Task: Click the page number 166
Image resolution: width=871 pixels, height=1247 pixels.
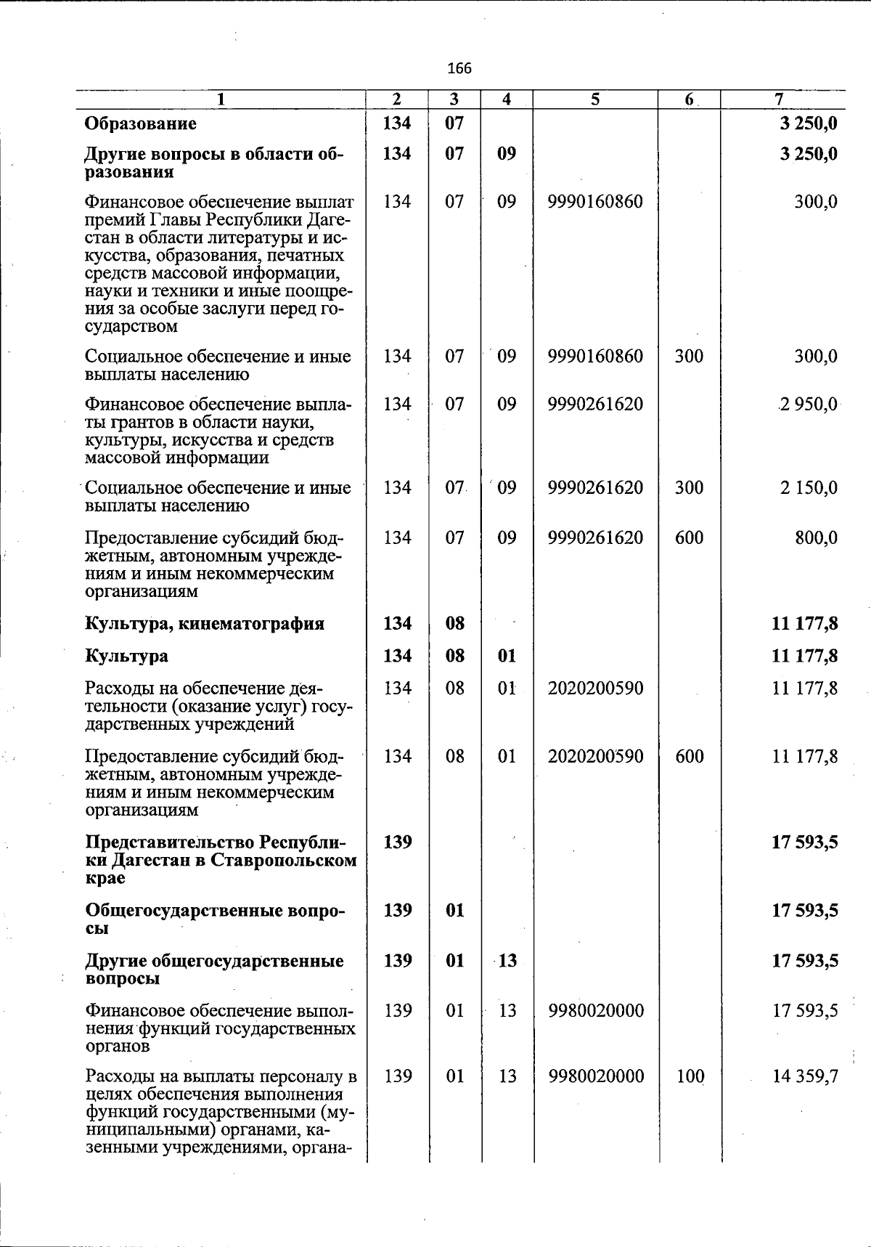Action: pos(459,68)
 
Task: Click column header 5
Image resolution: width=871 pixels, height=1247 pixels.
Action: pos(594,99)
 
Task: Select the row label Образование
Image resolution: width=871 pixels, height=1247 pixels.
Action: pos(140,123)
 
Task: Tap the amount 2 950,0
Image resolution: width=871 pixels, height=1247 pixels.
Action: pos(808,404)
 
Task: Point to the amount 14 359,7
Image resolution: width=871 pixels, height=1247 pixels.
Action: pos(806,1076)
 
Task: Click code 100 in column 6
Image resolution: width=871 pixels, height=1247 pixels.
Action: pos(690,1076)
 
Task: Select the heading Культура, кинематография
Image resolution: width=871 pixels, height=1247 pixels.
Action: pos(205,624)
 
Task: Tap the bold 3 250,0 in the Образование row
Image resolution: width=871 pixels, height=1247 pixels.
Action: pos(808,123)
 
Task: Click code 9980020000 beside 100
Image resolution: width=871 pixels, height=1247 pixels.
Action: pos(595,1076)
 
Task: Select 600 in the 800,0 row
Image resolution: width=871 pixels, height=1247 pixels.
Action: pos(689,537)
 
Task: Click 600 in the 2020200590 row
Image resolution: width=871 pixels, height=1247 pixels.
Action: pos(689,756)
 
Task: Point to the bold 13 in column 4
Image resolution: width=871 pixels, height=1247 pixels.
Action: pos(507,960)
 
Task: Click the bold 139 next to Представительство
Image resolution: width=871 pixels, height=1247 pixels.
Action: pos(397,842)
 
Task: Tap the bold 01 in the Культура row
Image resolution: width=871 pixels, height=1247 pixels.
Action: pos(507,656)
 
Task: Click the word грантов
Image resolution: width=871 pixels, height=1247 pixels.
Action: pos(139,422)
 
